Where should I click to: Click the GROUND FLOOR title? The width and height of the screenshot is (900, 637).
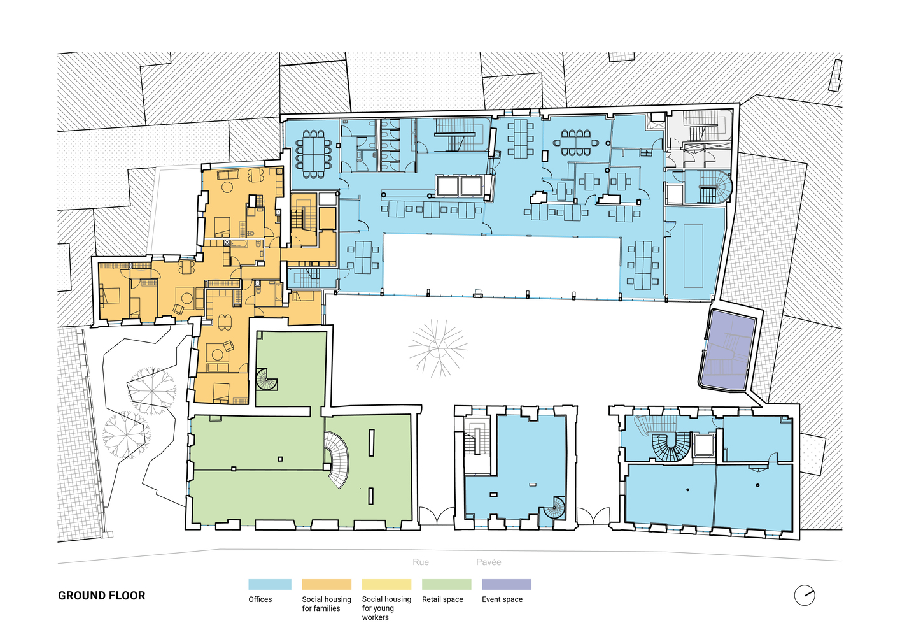point(101,596)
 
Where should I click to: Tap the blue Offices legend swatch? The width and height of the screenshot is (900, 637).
point(270,584)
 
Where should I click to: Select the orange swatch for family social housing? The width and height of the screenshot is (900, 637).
point(327,584)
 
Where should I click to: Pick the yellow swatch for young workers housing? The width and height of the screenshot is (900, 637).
point(386,584)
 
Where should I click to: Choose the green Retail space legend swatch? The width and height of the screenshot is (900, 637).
point(446,584)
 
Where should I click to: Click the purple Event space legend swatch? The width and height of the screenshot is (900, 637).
point(507,584)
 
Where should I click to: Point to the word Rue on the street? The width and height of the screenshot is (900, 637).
point(421,562)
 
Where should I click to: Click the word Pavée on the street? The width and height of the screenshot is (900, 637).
point(489,562)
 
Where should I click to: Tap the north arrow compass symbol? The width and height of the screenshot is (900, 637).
point(805,595)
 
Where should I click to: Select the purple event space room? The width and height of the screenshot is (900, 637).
point(728,350)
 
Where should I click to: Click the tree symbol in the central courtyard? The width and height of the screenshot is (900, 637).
point(438,348)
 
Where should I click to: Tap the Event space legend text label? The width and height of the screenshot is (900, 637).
point(502,599)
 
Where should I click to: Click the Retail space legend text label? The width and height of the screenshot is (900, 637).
point(442,599)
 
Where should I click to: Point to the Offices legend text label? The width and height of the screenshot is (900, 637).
point(260,599)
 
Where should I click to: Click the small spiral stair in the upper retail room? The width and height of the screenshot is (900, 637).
point(267,380)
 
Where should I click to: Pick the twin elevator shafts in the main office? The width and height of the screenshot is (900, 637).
point(460,186)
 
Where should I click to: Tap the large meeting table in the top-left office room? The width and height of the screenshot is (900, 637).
point(314,154)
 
